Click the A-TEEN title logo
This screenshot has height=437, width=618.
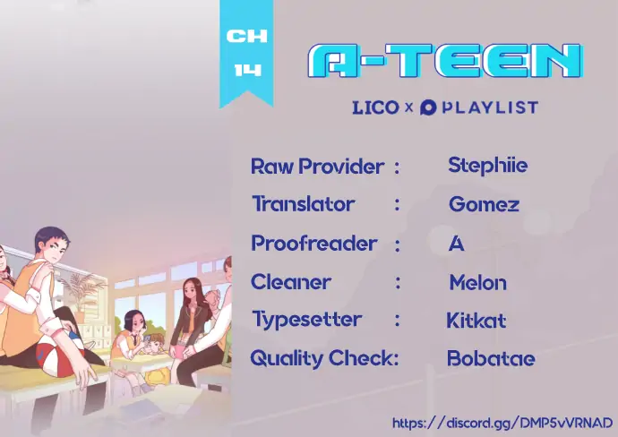click(x=445, y=61)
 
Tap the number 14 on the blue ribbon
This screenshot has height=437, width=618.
click(x=247, y=70)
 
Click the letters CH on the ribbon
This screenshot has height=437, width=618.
click(x=246, y=36)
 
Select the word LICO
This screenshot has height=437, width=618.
click(x=375, y=107)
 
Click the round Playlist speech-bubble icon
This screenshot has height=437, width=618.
click(x=428, y=107)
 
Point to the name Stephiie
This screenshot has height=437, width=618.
click(x=487, y=166)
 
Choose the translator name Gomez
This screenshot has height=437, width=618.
click(x=484, y=204)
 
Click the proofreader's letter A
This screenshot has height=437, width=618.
click(x=457, y=244)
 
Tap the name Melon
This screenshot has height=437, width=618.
click(x=477, y=282)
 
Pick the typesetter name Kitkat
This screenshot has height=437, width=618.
click(x=476, y=321)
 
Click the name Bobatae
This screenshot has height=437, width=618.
click(x=491, y=358)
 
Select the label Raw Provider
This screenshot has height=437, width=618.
click(x=317, y=167)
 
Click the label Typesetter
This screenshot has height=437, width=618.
click(x=306, y=320)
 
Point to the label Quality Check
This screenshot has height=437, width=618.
click(x=324, y=359)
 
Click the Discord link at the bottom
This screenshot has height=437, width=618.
click(x=502, y=423)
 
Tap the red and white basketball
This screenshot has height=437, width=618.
click(x=60, y=356)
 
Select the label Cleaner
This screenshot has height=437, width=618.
click(x=291, y=282)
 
